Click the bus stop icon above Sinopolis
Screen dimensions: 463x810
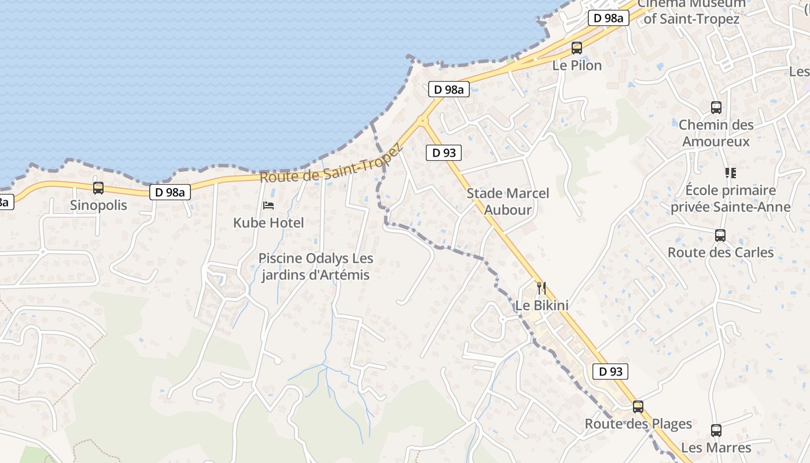tap(98, 188)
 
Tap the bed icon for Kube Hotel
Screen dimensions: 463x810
tap(268, 205)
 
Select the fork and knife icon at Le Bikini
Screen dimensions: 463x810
tap(542, 288)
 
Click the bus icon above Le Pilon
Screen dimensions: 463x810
tap(577, 48)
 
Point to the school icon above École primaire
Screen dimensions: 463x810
tap(730, 172)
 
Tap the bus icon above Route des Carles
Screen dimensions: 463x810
tap(720, 236)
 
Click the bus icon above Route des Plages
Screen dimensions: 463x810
tap(638, 407)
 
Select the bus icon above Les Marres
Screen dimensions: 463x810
tap(716, 431)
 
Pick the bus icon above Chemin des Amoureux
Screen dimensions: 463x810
tap(716, 108)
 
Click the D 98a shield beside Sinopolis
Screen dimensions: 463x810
tap(170, 192)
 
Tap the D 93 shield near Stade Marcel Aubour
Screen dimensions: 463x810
tap(444, 153)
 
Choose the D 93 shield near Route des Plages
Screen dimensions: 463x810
tap(610, 372)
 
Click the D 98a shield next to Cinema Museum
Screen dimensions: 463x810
tap(609, 18)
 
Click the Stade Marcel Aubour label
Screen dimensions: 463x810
tap(507, 201)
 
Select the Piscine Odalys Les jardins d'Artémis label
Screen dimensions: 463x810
tap(315, 267)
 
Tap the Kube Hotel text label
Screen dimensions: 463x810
tap(268, 223)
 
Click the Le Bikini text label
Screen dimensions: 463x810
tap(542, 305)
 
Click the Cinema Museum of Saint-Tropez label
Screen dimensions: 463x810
tap(691, 12)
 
